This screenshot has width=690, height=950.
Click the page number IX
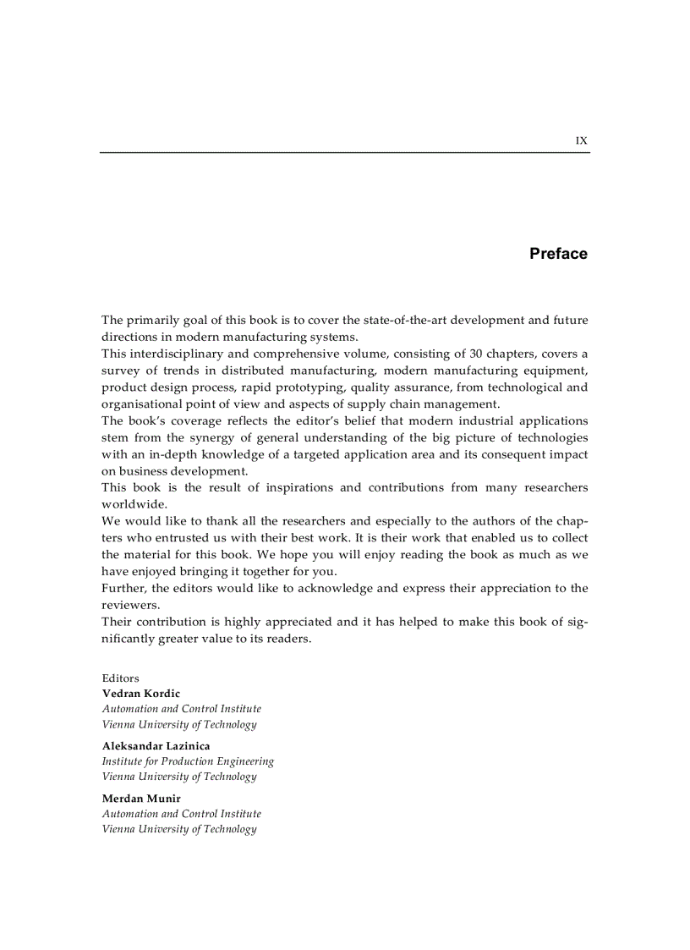[x=581, y=141]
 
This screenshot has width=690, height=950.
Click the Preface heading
[x=558, y=254]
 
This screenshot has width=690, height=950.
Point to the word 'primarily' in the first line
[x=153, y=320]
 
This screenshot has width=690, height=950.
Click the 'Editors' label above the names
[x=120, y=678]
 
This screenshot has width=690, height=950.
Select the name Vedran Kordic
[x=140, y=694]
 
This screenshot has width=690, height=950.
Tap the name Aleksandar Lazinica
[x=156, y=746]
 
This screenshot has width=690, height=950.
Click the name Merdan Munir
[x=141, y=799]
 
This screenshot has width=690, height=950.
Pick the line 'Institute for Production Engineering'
[x=188, y=761]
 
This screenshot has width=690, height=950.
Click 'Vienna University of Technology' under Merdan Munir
[x=179, y=829]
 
